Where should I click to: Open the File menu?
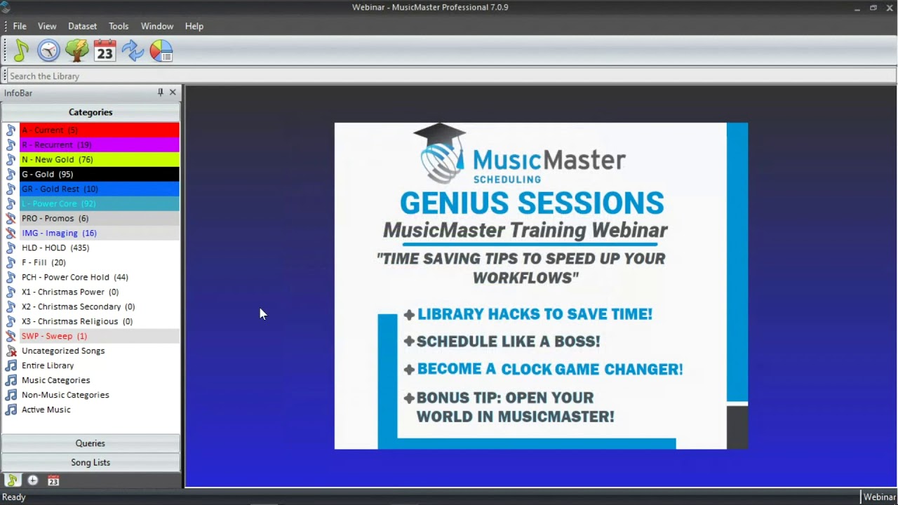pyautogui.click(x=20, y=26)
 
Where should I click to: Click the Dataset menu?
pyautogui.click(x=82, y=26)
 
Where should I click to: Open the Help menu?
pyautogui.click(x=194, y=26)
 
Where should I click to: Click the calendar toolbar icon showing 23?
pyautogui.click(x=105, y=50)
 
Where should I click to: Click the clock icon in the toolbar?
pyautogui.click(x=48, y=50)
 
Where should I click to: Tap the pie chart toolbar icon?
pyautogui.click(x=161, y=50)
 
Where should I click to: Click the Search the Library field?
pyautogui.click(x=449, y=76)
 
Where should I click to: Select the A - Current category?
pyautogui.click(x=50, y=130)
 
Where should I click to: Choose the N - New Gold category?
pyautogui.click(x=57, y=159)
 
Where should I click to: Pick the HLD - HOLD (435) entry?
pyautogui.click(x=55, y=248)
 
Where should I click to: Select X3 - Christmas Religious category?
pyautogui.click(x=76, y=321)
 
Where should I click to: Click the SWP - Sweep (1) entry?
pyautogui.click(x=54, y=336)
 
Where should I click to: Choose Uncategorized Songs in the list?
pyautogui.click(x=62, y=351)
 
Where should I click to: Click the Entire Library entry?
pyautogui.click(x=47, y=365)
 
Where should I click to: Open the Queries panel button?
pyautogui.click(x=91, y=443)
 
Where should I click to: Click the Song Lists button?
pyautogui.click(x=91, y=462)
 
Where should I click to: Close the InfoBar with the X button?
pyautogui.click(x=173, y=93)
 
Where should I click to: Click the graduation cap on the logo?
pyautogui.click(x=439, y=133)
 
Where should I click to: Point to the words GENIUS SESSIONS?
pyautogui.click(x=531, y=203)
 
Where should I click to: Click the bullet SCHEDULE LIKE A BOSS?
pyautogui.click(x=508, y=342)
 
